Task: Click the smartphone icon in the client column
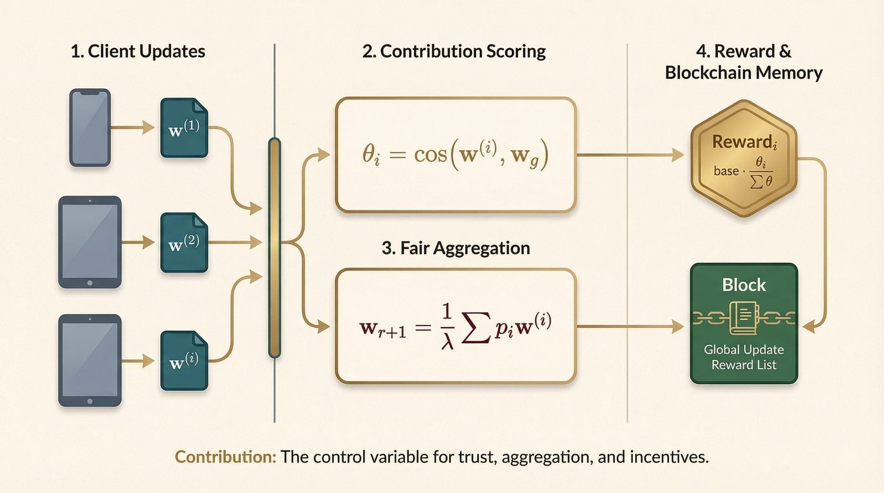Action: pos(90,128)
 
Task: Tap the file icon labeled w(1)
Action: pos(184,128)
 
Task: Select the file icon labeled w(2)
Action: pos(184,243)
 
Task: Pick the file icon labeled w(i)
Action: pos(184,361)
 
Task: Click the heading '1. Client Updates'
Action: pos(138,51)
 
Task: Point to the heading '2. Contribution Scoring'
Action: pos(454,51)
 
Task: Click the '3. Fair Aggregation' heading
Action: pos(456,248)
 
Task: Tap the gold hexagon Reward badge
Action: pos(744,158)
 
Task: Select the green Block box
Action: pos(744,324)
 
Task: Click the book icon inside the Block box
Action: pos(744,318)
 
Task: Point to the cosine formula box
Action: pos(456,155)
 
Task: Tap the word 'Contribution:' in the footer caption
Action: pos(225,457)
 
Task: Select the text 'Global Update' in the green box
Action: pos(744,349)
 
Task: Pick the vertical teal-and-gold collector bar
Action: pos(275,248)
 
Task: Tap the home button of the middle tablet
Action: pos(90,283)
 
